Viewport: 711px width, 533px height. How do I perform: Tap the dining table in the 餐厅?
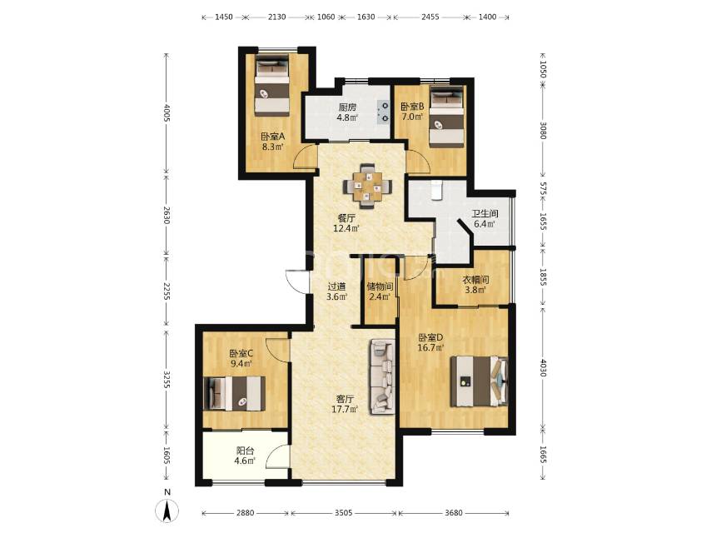click(368, 186)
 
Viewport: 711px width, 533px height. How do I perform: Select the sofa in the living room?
click(382, 377)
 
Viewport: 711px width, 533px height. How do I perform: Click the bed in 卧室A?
click(271, 85)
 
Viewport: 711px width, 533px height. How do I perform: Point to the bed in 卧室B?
click(446, 117)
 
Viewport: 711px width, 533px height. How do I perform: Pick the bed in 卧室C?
click(236, 393)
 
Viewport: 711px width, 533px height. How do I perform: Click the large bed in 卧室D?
click(479, 381)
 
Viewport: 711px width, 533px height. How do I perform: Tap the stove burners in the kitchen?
click(384, 112)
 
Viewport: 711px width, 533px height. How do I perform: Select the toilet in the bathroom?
click(436, 190)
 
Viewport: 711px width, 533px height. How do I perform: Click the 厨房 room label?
click(347, 107)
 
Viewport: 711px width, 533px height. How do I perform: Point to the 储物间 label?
click(380, 286)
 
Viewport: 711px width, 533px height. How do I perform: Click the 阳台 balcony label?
click(246, 451)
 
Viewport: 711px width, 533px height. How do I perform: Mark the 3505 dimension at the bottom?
click(343, 513)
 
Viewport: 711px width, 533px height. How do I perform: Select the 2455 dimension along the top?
click(430, 17)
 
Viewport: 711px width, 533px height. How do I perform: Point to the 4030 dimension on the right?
click(543, 368)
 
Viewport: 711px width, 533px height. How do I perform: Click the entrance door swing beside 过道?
click(297, 282)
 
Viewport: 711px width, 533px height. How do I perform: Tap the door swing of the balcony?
click(276, 456)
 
